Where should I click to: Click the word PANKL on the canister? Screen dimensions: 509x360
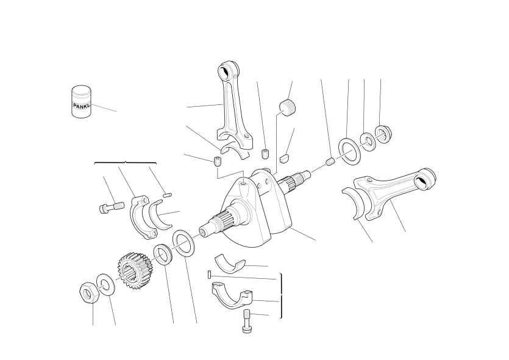click(82, 106)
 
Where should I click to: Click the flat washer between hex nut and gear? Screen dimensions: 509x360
click(105, 284)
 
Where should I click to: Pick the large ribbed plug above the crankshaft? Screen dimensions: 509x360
click(288, 107)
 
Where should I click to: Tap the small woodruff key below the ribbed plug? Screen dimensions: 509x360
click(284, 159)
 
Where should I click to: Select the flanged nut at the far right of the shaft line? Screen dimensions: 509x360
click(383, 133)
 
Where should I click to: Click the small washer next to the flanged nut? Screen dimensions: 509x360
click(368, 142)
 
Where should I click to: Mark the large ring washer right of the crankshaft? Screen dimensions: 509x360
click(349, 151)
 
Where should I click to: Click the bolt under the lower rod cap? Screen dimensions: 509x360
click(247, 321)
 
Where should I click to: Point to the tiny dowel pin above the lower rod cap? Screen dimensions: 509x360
click(210, 275)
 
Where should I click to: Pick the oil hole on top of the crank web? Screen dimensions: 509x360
click(244, 184)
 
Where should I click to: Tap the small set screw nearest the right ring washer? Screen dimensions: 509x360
click(330, 162)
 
